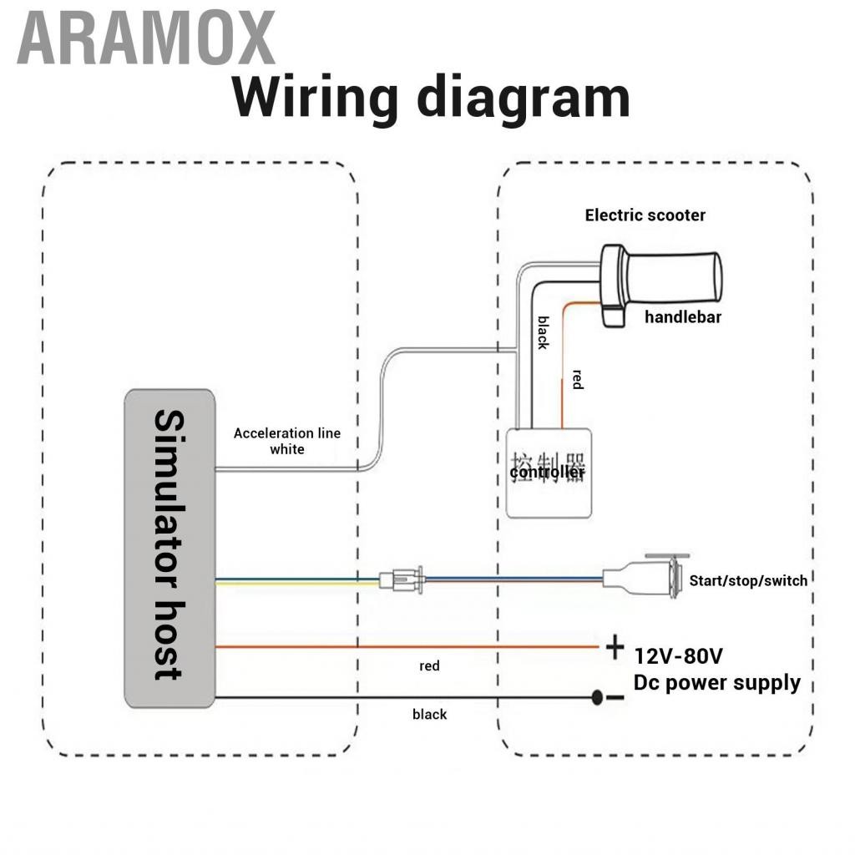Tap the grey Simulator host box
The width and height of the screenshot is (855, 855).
(170, 548)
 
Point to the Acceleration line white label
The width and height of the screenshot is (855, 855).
(286, 441)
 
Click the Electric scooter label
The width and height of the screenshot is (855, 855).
(645, 215)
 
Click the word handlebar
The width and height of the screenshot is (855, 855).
(682, 317)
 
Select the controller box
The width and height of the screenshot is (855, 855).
(549, 473)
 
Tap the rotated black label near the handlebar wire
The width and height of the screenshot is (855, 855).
(543, 332)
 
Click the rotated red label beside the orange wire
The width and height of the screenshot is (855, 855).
(577, 380)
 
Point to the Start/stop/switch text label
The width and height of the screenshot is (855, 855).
(748, 580)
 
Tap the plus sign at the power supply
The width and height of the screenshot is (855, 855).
(615, 647)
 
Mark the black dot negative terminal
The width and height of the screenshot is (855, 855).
(598, 698)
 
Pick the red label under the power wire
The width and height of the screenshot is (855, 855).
(429, 666)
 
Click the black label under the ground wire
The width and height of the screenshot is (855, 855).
(429, 715)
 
